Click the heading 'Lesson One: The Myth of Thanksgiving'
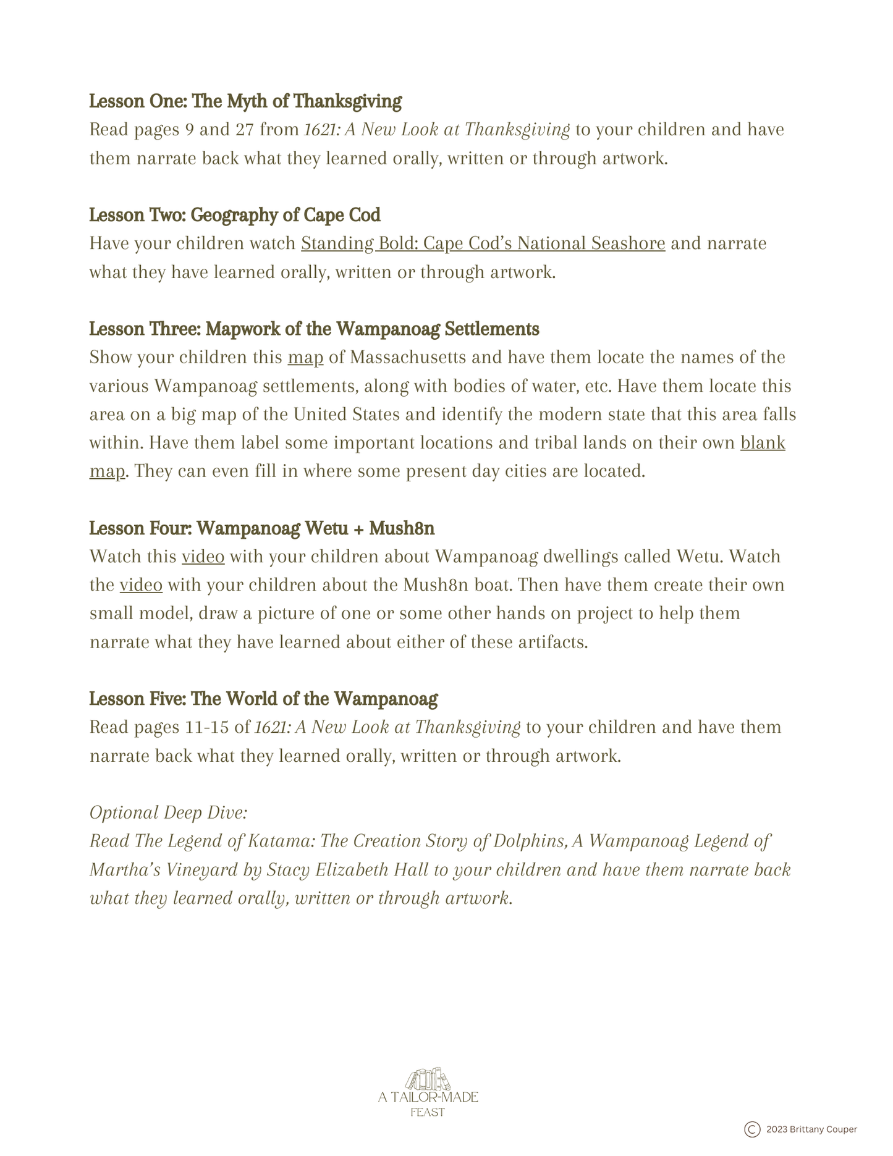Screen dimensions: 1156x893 [245, 101]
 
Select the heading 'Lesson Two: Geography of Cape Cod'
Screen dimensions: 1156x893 [235, 215]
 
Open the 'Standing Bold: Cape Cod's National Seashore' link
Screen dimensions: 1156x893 [483, 243]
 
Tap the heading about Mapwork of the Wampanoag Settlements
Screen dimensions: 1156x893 [314, 329]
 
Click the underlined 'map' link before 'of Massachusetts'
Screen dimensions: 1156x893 [305, 358]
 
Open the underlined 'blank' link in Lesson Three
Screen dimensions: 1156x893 [763, 443]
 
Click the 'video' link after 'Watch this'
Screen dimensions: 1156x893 [203, 557]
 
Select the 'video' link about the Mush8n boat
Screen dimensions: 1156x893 [141, 585]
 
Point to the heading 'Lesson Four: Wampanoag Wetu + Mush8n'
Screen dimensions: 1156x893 [262, 529]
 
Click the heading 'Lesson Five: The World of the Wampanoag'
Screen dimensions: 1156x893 [263, 699]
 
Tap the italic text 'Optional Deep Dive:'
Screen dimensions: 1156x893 [169, 812]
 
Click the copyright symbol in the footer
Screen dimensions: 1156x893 [752, 1129]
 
